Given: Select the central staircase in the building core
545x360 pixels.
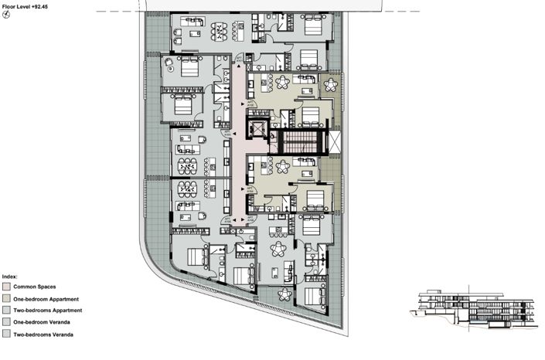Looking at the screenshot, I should pos(298,141).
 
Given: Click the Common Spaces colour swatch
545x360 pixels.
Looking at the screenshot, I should pos(7,286).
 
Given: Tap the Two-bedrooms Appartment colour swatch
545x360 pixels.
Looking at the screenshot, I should pos(7,310).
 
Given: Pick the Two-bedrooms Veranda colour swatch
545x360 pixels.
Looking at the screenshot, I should pos(7,334).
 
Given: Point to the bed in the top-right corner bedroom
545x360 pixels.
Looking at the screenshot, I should pos(312,26).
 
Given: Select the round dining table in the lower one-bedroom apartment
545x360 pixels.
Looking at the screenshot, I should pos(282,165).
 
